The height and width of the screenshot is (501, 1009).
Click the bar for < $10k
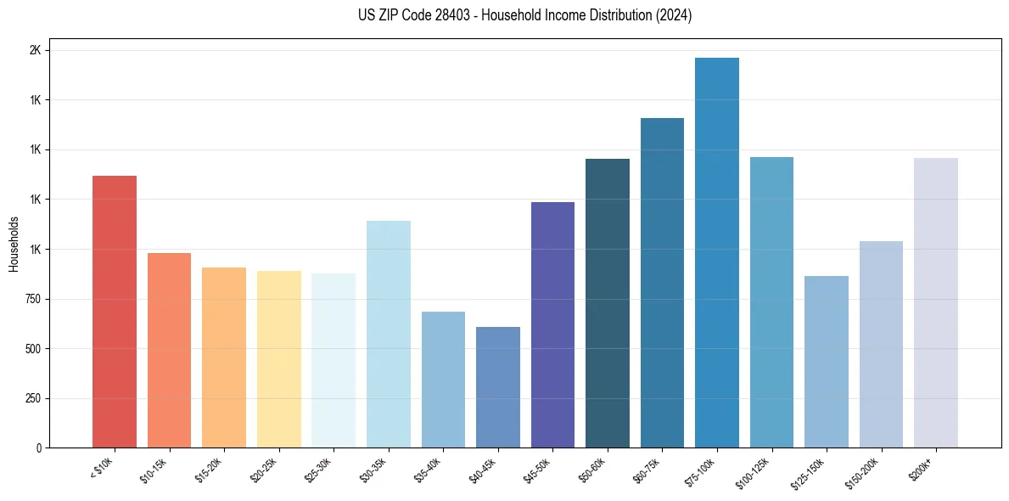tap(115, 312)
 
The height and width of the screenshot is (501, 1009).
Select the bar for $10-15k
tap(169, 350)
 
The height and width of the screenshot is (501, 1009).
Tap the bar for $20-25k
tap(278, 359)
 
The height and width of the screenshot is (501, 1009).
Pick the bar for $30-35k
tap(388, 334)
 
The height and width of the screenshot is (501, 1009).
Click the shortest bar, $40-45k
tap(498, 387)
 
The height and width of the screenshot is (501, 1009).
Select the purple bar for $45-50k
tap(552, 324)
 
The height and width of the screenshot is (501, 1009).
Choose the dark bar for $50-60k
tap(608, 303)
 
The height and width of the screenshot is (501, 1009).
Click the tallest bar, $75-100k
tap(717, 252)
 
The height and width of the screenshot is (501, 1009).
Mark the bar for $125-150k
tap(827, 362)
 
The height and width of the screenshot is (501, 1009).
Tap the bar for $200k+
tap(936, 302)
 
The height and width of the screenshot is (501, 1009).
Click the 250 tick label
tap(34, 398)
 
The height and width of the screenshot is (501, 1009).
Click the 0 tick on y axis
tap(38, 448)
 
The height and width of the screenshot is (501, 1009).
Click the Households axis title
tap(14, 243)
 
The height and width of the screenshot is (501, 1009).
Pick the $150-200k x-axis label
tap(864, 472)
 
